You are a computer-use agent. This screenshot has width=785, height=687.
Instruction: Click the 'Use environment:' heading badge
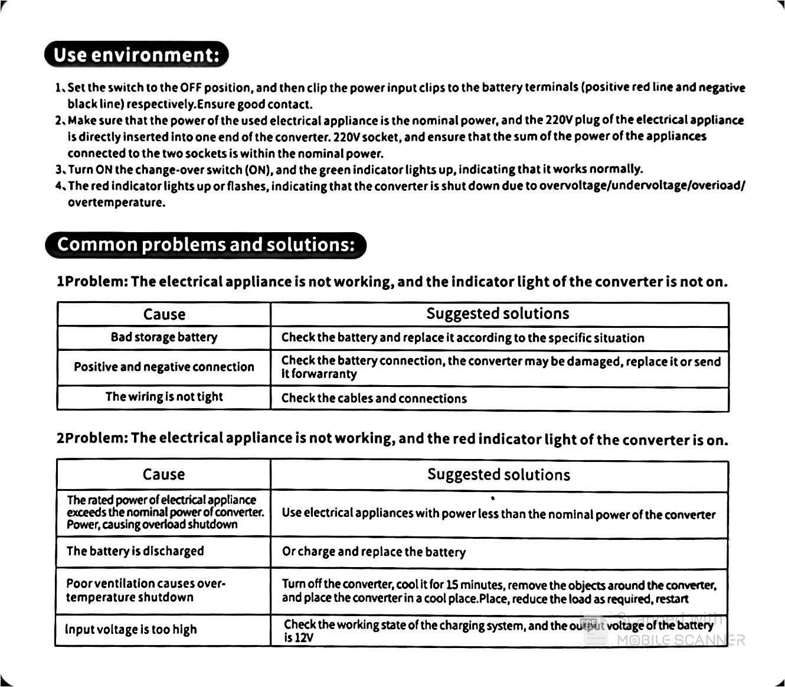coord(136,55)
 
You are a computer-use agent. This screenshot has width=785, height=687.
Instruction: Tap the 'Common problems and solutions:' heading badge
coord(205,245)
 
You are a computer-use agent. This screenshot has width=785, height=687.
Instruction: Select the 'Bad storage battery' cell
coord(164,337)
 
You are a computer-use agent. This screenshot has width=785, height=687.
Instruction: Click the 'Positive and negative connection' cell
coord(164,367)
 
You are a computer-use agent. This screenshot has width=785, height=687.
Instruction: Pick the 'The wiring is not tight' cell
coord(164,397)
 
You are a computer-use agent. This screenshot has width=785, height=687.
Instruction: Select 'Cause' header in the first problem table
coord(164,314)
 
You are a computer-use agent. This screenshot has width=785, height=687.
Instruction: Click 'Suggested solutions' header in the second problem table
coord(499,474)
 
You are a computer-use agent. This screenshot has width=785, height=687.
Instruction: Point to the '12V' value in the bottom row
coord(303,638)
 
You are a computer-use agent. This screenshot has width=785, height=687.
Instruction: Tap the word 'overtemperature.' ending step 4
coord(116,203)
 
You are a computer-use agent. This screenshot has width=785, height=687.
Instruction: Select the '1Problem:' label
coord(92,282)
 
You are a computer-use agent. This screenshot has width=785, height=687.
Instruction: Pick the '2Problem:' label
coord(92,438)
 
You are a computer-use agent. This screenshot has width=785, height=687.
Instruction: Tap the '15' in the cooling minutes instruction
coord(452,585)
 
